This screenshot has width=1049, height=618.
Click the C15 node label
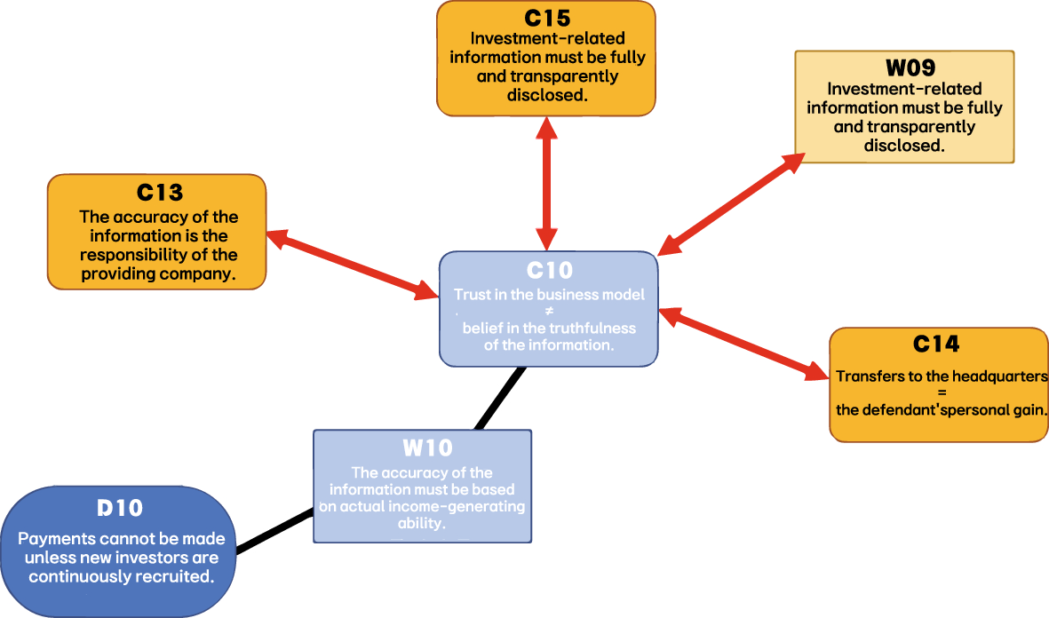pyautogui.click(x=545, y=17)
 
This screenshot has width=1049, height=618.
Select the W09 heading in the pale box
pyautogui.click(x=903, y=68)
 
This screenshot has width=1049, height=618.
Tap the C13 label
pyautogui.click(x=160, y=193)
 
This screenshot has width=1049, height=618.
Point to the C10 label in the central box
pyautogui.click(x=549, y=271)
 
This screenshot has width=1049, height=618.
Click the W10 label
pyautogui.click(x=422, y=448)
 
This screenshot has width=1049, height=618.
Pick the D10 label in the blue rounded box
pyautogui.click(x=119, y=509)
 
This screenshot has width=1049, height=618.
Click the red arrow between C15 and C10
pyautogui.click(x=547, y=183)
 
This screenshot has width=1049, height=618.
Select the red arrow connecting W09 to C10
pyautogui.click(x=731, y=203)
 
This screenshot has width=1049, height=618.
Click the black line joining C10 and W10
pyautogui.click(x=500, y=398)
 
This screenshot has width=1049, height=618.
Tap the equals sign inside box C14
pyautogui.click(x=942, y=392)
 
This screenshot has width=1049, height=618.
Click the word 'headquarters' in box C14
pyautogui.click(x=1003, y=376)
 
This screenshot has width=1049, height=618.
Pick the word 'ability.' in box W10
pyautogui.click(x=421, y=524)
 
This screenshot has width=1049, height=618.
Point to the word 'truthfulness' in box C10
pyautogui.click(x=591, y=328)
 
